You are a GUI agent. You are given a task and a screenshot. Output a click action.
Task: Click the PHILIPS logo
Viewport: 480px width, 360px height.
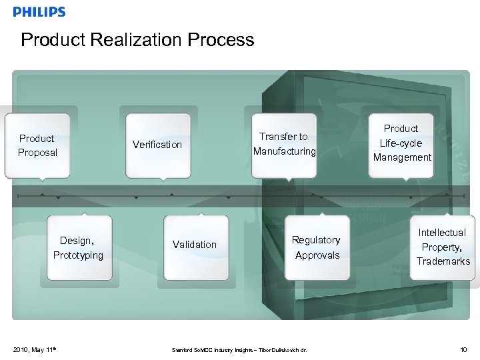[39, 12]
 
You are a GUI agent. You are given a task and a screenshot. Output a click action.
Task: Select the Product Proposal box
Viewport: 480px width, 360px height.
[37, 145]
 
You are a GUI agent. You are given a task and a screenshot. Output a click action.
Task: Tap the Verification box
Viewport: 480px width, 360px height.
[157, 145]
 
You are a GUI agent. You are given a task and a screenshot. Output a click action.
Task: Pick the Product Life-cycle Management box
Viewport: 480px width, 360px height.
[401, 143]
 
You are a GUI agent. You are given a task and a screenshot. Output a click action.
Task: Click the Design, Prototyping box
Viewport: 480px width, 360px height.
[78, 247]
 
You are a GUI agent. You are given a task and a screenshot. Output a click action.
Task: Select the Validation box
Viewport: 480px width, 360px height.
[195, 245]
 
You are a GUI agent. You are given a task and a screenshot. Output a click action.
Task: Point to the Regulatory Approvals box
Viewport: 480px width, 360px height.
[317, 247]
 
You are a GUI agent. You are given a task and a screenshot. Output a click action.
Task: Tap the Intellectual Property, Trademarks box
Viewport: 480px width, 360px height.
[443, 247]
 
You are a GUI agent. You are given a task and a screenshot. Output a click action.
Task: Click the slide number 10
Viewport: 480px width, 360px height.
[464, 349]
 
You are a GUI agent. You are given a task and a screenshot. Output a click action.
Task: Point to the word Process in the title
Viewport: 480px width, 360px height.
[221, 40]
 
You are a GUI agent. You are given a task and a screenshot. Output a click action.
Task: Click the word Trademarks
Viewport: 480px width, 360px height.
[443, 261]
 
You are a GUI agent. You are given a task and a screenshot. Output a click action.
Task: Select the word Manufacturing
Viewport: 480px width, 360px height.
[284, 151]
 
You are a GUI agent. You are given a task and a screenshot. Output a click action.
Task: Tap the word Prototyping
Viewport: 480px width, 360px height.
[78, 255]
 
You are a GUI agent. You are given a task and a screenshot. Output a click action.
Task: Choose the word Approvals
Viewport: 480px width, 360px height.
[317, 255]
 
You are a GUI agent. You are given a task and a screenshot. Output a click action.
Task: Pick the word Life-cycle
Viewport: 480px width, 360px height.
[401, 143]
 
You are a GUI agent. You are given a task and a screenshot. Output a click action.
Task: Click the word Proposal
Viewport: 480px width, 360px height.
[37, 153]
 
